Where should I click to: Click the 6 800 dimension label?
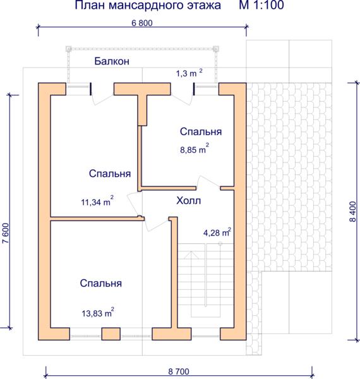pyautogui.click(x=142, y=23)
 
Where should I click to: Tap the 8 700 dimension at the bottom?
pyautogui.click(x=179, y=371)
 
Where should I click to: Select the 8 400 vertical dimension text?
pyautogui.click(x=353, y=212)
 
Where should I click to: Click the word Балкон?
pyautogui.click(x=112, y=61)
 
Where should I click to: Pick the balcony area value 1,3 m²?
pyautogui.click(x=189, y=73)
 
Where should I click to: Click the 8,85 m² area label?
pyautogui.click(x=195, y=148)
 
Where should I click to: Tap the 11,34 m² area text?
pyautogui.click(x=97, y=201)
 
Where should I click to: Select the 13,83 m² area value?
pyautogui.click(x=98, y=313)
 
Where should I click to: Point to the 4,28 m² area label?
pyautogui.click(x=217, y=232)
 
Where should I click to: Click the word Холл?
pyautogui.click(x=188, y=201)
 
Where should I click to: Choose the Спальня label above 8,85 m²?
pyautogui.click(x=201, y=132)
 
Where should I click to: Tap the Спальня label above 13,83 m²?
pyautogui.click(x=101, y=283)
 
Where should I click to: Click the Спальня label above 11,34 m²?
pyautogui.click(x=110, y=174)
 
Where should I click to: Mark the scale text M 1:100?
pyautogui.click(x=261, y=5)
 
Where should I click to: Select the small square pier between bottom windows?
pyautogui.click(x=111, y=334)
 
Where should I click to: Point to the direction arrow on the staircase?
pyautogui.click(x=191, y=255)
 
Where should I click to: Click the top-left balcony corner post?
pyautogui.click(x=69, y=49)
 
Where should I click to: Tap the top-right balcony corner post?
pyautogui.click(x=216, y=49)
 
